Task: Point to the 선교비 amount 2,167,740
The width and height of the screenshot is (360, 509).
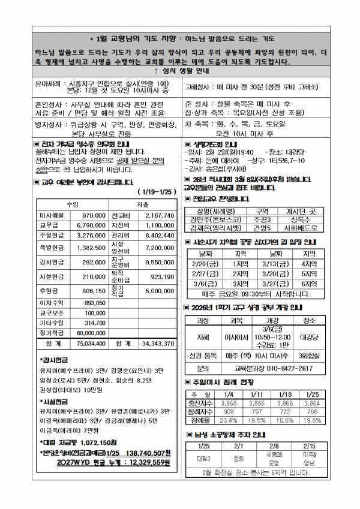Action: [159, 215]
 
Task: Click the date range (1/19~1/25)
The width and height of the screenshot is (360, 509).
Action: [154, 192]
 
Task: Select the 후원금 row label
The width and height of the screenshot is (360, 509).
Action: [50, 290]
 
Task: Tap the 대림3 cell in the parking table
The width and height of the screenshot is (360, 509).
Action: [203, 458]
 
